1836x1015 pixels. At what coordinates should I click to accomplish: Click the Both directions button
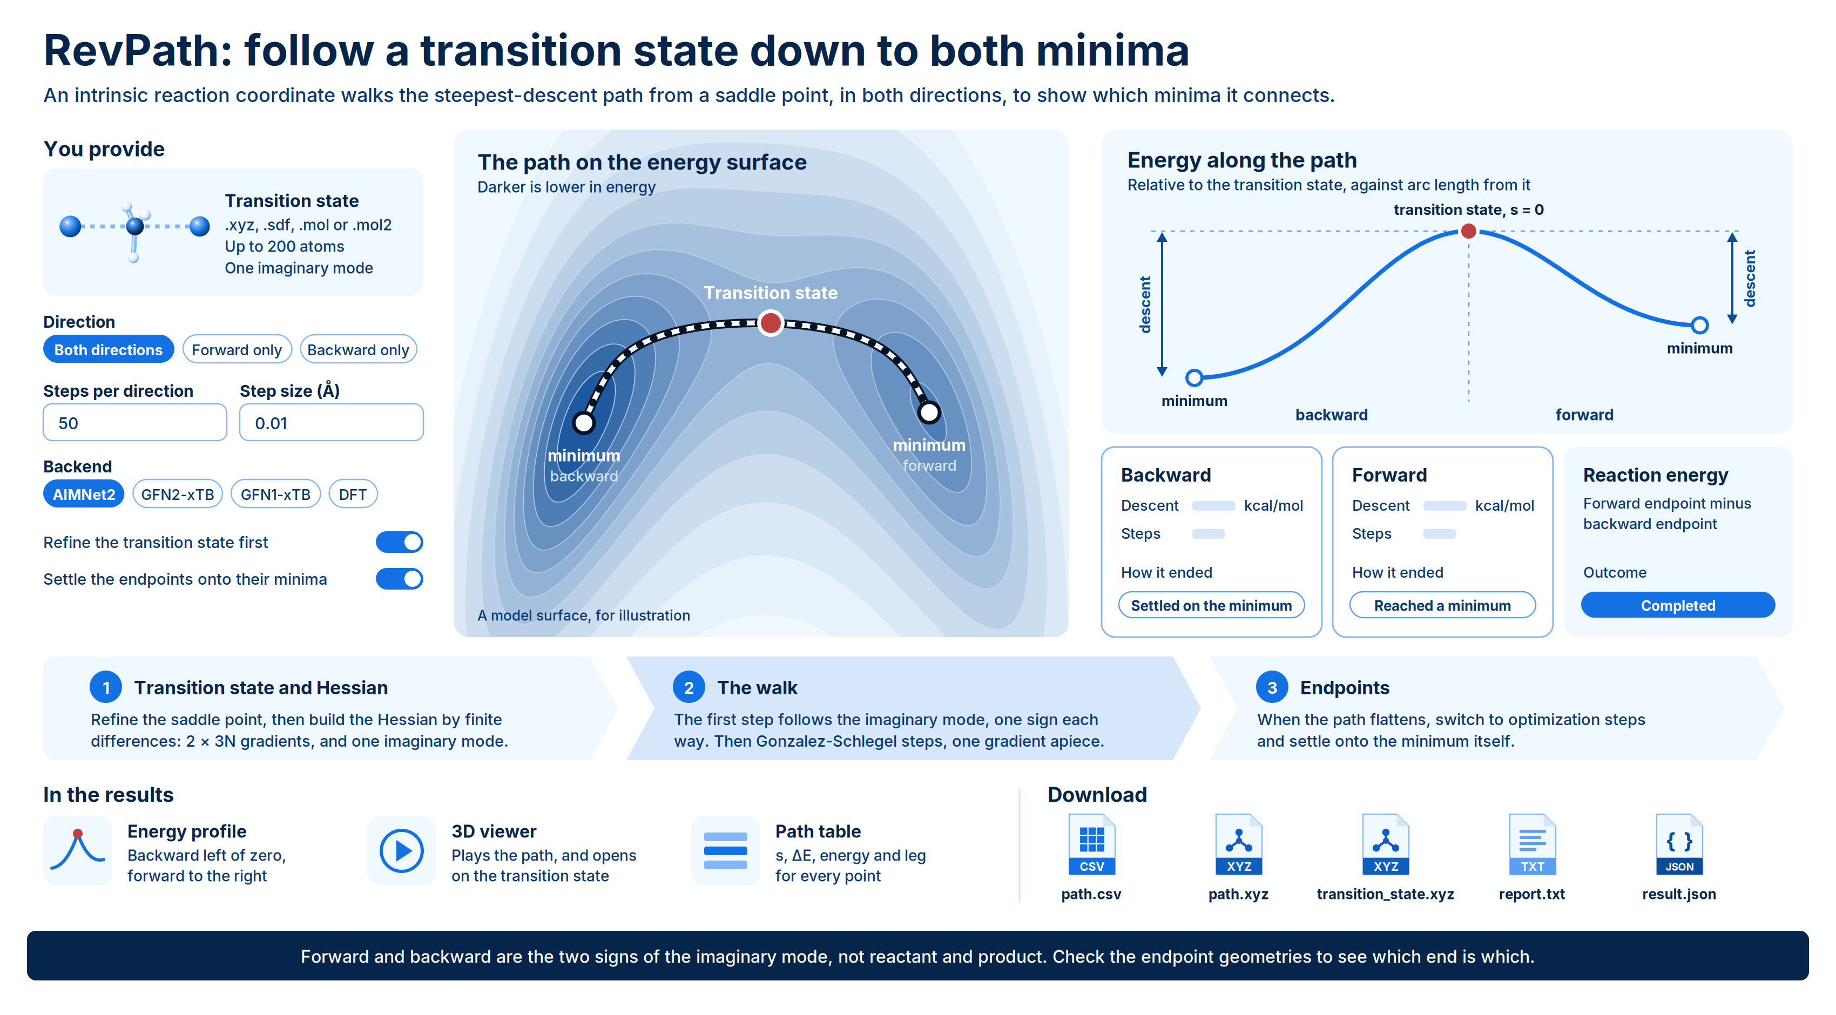109,349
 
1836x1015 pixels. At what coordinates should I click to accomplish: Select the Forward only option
237,349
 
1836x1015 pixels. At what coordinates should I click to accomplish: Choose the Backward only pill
358,349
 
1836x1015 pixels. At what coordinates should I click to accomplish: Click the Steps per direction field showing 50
134,423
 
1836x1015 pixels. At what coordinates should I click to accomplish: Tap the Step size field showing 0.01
332,423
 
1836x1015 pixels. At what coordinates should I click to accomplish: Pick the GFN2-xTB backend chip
178,494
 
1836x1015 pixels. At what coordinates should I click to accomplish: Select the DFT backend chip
353,494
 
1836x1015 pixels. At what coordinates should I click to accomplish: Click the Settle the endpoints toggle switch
399,579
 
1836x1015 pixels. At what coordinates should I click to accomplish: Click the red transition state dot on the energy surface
771,323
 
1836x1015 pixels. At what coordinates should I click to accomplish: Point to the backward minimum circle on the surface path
584,423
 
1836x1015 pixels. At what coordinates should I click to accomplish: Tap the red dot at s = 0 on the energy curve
1468,231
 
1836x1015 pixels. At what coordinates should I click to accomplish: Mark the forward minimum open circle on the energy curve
1700,325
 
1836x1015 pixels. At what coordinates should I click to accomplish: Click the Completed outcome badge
1678,605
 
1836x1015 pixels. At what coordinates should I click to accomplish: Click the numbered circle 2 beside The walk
688,687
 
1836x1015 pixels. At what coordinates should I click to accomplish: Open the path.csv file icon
1091,844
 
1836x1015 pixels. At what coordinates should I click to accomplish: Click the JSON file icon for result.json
1679,844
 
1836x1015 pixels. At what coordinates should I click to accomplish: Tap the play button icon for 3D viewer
401,851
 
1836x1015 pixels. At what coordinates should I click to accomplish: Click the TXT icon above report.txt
1533,844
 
